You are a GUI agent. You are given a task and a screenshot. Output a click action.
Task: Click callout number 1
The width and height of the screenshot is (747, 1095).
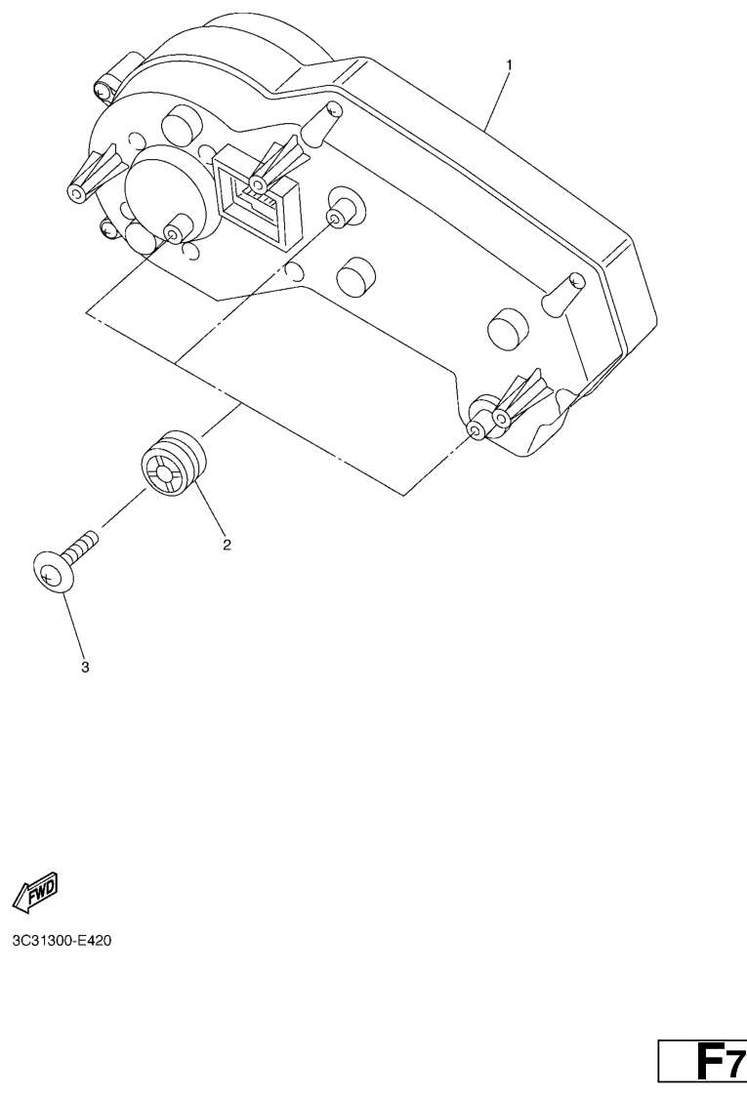[509, 65]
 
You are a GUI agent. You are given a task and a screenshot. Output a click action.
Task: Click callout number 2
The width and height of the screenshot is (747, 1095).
[227, 545]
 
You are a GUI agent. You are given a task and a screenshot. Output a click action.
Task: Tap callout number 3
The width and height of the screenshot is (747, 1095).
[85, 667]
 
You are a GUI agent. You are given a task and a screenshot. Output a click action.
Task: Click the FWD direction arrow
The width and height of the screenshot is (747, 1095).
[35, 893]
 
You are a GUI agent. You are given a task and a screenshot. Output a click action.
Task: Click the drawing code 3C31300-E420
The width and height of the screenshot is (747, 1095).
[62, 941]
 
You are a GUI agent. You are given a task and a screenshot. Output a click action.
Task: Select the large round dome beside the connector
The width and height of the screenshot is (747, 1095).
[165, 187]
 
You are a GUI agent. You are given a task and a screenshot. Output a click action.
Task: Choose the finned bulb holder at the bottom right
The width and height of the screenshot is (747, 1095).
[521, 399]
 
